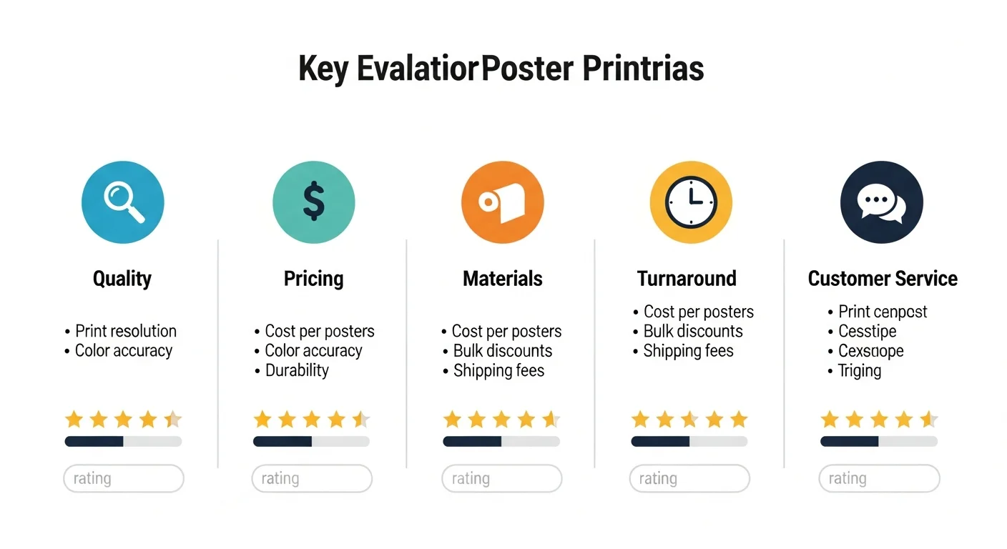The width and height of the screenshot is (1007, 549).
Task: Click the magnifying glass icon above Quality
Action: tap(123, 202)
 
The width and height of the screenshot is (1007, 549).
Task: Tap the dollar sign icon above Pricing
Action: tap(313, 202)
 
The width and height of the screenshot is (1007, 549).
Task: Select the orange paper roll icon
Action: tap(503, 202)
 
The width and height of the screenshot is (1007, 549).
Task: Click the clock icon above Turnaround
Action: tap(691, 202)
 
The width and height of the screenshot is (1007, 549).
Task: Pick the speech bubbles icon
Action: tap(881, 202)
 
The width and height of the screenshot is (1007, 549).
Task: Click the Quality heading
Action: tap(122, 278)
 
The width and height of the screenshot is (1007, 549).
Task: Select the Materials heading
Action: tap(503, 278)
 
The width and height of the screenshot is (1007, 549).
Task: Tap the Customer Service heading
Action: tap(883, 278)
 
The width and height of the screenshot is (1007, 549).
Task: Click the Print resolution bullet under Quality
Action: tap(126, 331)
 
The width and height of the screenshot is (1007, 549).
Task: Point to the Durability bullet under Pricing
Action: tap(297, 370)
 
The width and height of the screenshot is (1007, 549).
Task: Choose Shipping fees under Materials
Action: tap(498, 370)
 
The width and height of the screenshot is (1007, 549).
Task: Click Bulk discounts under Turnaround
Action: tap(693, 331)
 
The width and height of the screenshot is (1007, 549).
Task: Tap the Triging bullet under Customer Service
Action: tap(860, 370)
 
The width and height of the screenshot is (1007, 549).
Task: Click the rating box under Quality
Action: tap(124, 478)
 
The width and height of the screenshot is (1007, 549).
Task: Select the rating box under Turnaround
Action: tap(689, 478)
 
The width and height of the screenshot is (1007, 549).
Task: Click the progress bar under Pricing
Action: tap(311, 442)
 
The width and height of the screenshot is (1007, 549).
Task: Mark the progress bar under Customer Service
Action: tap(879, 442)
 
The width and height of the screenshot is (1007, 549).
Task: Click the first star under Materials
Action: tap(452, 419)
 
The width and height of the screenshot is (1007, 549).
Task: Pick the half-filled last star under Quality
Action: tap(173, 419)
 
